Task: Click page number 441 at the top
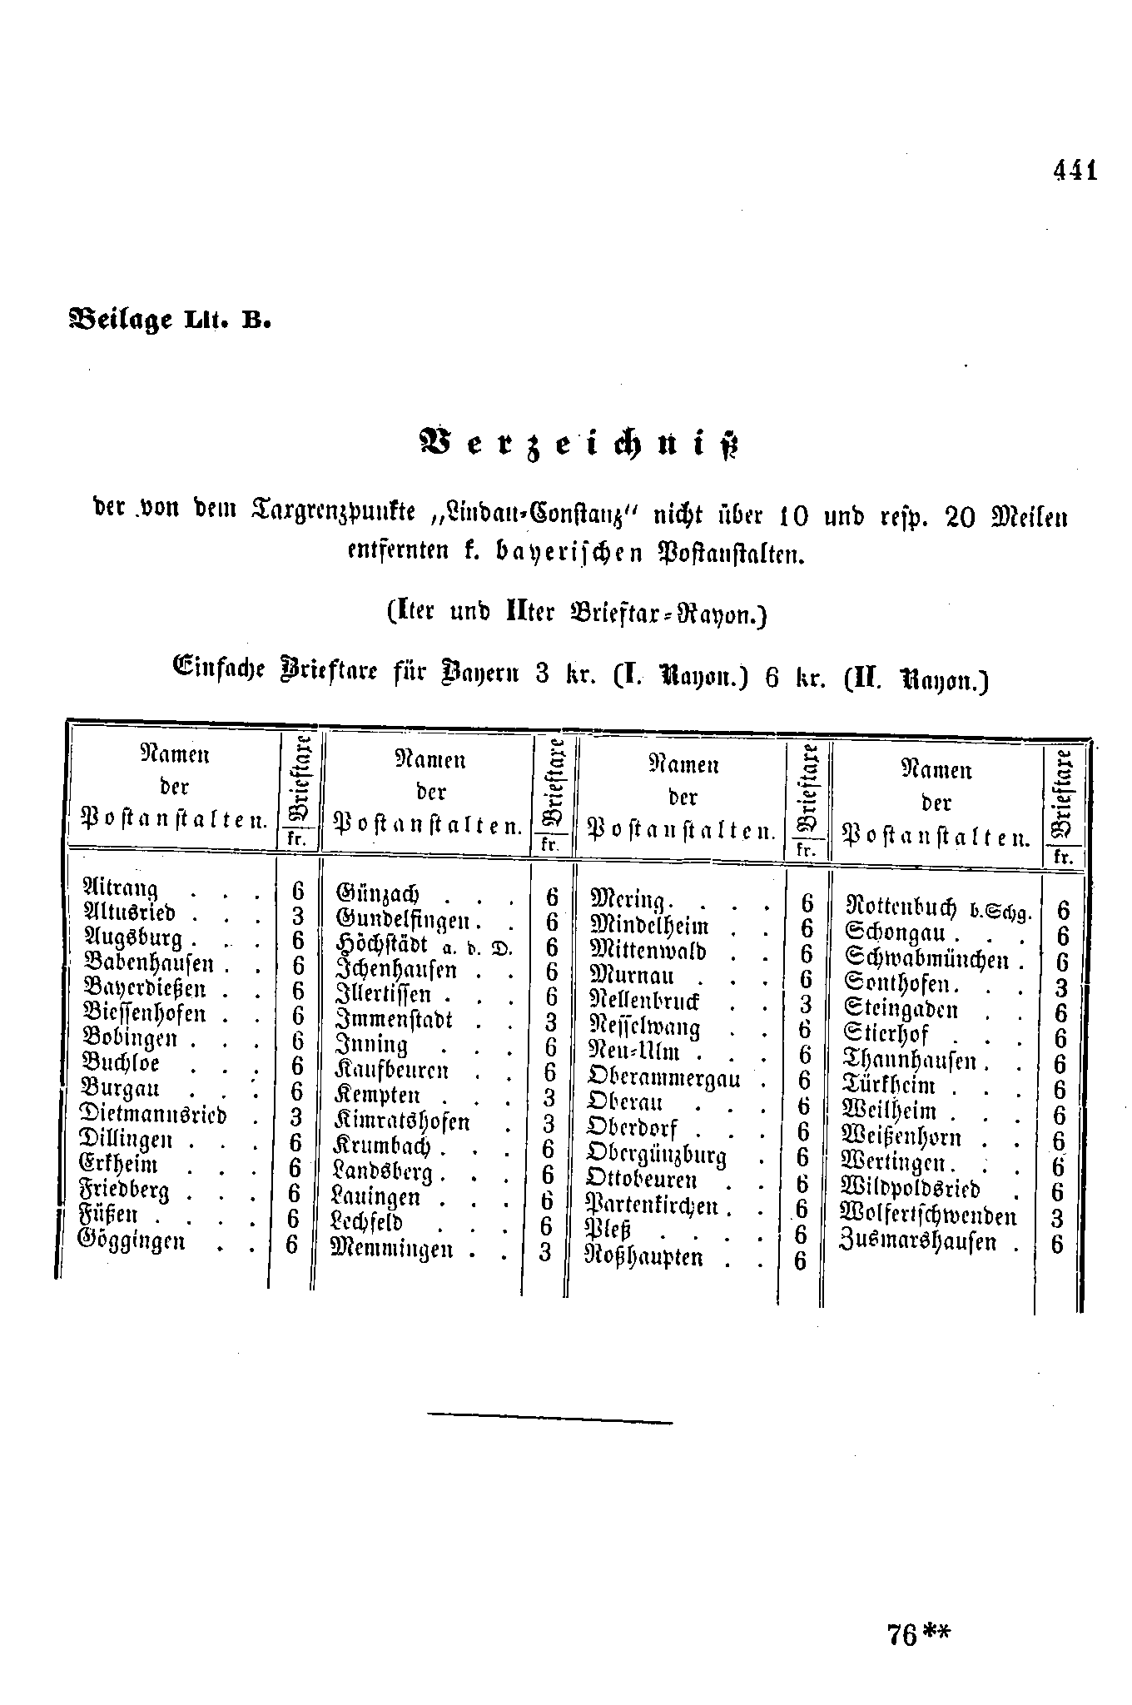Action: pyautogui.click(x=1075, y=170)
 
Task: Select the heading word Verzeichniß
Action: pyautogui.click(x=579, y=445)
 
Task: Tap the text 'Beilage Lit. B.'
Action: pyautogui.click(x=170, y=319)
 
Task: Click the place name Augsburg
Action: pyautogui.click(x=134, y=938)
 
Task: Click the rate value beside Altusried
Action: pyautogui.click(x=297, y=915)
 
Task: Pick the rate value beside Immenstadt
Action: pyautogui.click(x=549, y=1022)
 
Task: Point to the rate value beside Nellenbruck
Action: pyautogui.click(x=805, y=1004)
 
